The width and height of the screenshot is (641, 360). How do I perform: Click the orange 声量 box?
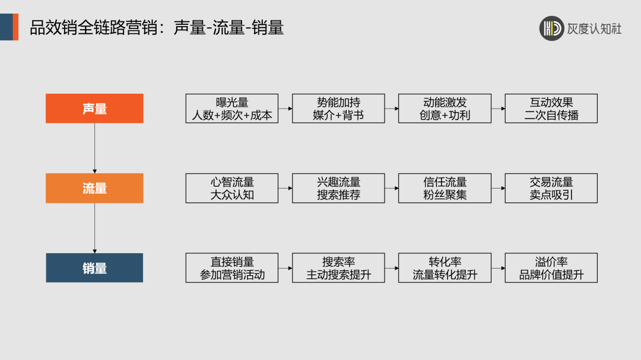pos(94,109)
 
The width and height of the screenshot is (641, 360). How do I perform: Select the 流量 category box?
pos(94,188)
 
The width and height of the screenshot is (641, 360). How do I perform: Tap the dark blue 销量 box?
pos(94,268)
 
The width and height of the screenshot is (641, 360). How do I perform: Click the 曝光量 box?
pos(231,109)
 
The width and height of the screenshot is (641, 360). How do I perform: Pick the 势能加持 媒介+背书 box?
pos(338,109)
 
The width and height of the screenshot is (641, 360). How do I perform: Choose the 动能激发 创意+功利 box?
pos(445,109)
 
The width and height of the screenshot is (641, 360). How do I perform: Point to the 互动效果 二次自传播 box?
pos(551,109)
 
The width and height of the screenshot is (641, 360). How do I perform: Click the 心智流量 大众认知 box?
pos(231,188)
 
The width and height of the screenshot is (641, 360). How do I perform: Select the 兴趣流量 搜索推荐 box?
pos(338,188)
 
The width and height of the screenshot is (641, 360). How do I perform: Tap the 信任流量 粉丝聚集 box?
pos(445,188)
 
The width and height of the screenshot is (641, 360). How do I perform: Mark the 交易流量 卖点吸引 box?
pos(551,188)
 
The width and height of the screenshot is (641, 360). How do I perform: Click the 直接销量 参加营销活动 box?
pos(231,268)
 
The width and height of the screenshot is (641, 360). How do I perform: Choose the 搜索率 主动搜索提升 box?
pos(338,268)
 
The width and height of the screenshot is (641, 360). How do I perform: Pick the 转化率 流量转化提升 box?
pos(445,268)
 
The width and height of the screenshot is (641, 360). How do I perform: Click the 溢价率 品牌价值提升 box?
pos(551,268)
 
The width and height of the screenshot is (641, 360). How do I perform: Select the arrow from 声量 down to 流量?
pos(94,148)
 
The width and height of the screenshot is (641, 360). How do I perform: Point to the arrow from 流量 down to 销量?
pos(94,228)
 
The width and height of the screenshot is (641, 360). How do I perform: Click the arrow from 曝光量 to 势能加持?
pos(285,109)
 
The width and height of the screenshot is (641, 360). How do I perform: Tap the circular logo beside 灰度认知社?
pos(551,28)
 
